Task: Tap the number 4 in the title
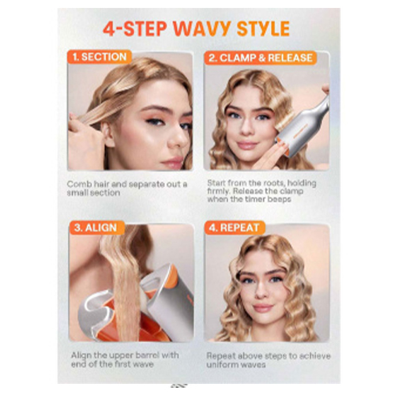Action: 109,28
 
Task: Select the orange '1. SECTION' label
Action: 100,57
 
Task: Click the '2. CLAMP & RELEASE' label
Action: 261,58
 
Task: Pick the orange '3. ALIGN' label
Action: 96,228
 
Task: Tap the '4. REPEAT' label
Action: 234,228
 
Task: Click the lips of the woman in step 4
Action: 262,307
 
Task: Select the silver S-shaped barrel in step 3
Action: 95,310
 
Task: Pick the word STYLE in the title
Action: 263,28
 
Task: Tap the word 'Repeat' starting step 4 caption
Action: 220,356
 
